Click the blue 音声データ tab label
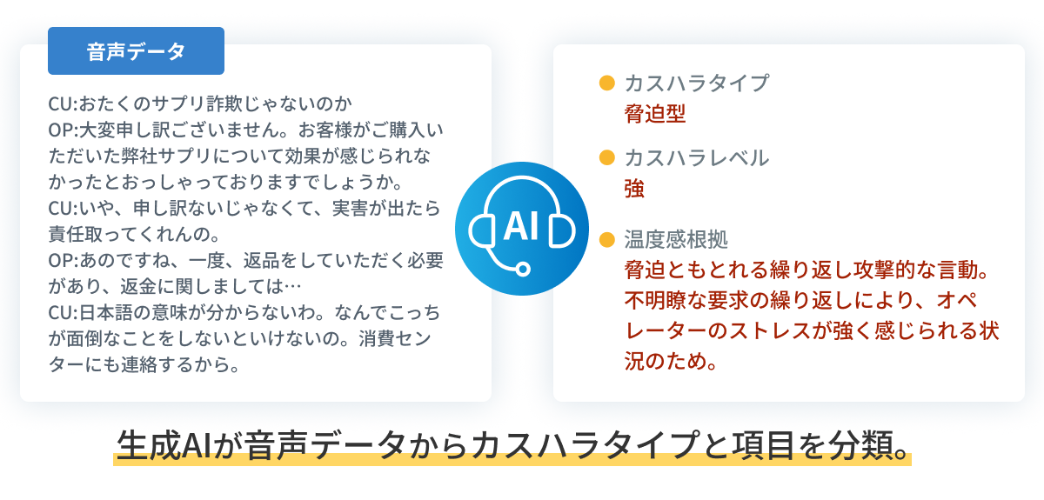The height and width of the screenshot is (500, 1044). click(136, 50)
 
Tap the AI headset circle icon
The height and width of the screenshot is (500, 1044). click(521, 229)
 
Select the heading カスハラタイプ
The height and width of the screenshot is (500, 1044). click(696, 83)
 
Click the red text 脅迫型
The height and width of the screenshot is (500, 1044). click(655, 114)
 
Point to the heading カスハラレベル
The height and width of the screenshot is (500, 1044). click(696, 158)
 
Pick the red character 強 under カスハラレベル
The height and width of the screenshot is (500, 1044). click(634, 189)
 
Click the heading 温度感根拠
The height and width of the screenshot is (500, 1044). click(676, 239)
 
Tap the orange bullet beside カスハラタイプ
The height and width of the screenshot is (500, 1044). click(607, 83)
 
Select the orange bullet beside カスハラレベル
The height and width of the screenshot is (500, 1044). click(607, 157)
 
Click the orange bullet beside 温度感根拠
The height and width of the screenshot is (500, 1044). click(607, 239)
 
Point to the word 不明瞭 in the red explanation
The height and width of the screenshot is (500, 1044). click(655, 301)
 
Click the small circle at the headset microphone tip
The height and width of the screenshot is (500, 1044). click(523, 269)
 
